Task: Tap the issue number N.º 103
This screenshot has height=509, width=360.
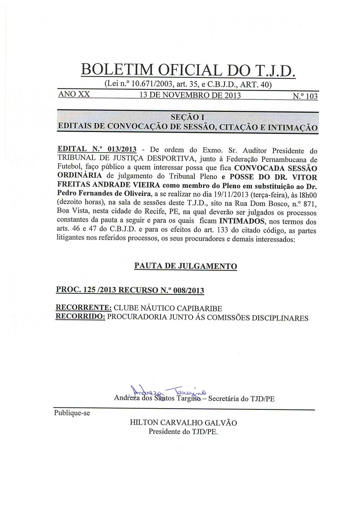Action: coord(305,96)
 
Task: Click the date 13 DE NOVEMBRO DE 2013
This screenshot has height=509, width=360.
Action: coord(190,95)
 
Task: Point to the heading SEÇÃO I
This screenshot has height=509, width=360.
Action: coord(187,117)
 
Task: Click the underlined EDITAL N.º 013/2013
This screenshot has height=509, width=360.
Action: coord(97,150)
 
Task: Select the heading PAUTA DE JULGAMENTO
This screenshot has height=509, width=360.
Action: coord(186,266)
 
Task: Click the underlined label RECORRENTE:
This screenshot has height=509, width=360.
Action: coord(84,308)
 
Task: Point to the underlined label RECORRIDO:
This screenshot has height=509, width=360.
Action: coord(81,317)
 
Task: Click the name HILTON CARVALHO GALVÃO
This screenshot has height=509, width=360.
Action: coord(184,423)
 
